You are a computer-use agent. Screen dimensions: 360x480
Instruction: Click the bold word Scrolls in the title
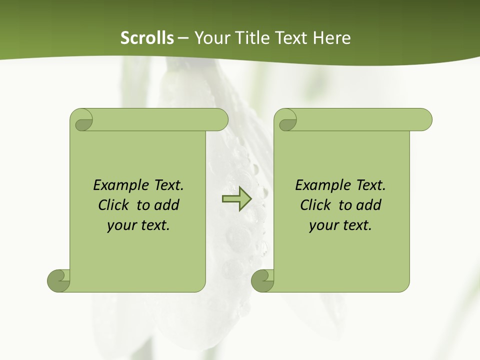(147, 38)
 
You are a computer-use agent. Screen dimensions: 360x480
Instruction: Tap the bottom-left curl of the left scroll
(59, 280)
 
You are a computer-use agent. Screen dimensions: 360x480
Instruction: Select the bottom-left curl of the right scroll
(263, 280)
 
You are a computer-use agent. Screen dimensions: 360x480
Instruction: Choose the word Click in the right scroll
(315, 205)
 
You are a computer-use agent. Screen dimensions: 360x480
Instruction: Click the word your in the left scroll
(121, 225)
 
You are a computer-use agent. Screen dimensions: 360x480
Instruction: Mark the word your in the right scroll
(323, 225)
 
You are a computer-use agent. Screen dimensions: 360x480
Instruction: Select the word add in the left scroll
(167, 205)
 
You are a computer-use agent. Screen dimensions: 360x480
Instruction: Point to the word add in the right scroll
(369, 205)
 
